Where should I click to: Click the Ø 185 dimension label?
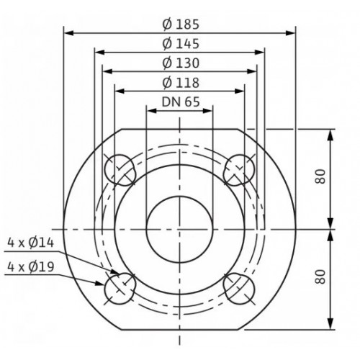(181, 24)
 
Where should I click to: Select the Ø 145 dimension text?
(181, 44)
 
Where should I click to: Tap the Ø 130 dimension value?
(181, 63)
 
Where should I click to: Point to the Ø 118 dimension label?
(181, 83)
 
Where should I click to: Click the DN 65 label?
(181, 102)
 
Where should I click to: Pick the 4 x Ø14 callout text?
(31, 243)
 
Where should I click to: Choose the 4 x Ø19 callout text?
(31, 266)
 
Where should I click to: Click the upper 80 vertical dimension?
(320, 176)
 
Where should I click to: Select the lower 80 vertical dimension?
(320, 276)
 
